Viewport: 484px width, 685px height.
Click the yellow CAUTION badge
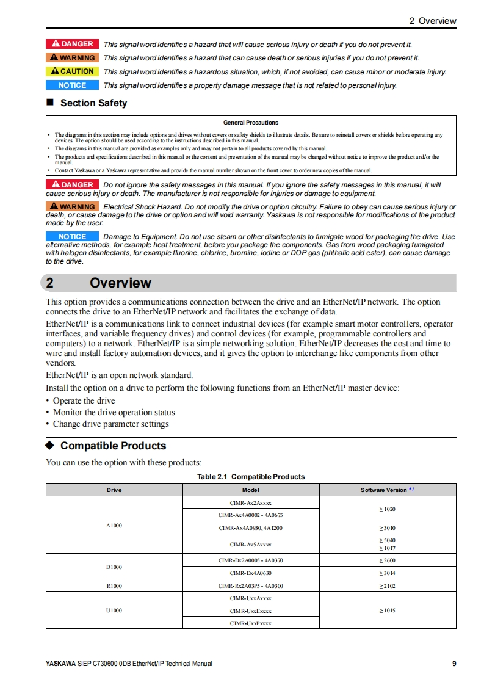point(71,71)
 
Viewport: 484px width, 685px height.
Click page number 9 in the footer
point(454,664)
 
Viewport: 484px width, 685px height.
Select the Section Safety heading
point(93,103)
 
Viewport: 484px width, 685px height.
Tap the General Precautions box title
point(251,123)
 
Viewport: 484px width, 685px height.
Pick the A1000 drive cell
point(114,525)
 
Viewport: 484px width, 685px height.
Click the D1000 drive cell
point(114,567)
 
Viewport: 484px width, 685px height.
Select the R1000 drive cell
point(114,586)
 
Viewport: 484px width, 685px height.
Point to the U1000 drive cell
point(114,611)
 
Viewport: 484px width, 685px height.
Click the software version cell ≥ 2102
point(387,586)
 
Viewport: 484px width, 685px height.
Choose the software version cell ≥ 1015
point(387,611)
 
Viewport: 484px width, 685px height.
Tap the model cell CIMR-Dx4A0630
point(251,573)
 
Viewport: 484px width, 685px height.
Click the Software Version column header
point(387,490)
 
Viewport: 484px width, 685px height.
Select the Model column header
point(251,490)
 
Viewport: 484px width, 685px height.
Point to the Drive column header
point(114,490)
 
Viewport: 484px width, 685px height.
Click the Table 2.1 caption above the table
point(251,477)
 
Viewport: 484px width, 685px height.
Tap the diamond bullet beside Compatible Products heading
point(51,446)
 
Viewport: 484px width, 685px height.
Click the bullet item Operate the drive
point(84,401)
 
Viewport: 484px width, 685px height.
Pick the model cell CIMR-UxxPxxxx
point(251,623)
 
